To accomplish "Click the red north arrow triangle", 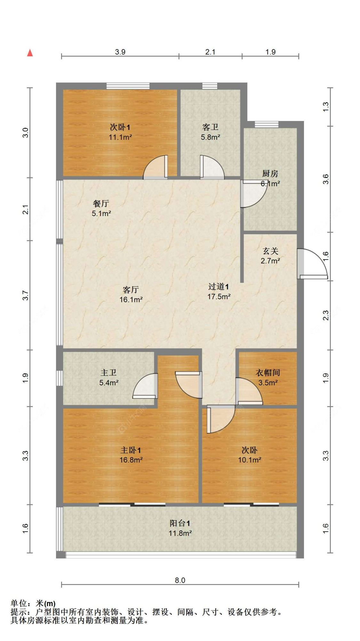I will [30, 53].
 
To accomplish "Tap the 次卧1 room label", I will [120, 127].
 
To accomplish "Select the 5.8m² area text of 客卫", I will [210, 137].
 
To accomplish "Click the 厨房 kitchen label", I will [270, 174].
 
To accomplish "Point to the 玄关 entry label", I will [270, 251].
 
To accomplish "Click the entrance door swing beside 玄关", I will [312, 263].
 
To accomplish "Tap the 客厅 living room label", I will [131, 290].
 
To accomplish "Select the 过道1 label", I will [219, 287].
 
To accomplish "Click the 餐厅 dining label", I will [101, 204].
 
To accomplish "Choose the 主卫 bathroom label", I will [108, 373].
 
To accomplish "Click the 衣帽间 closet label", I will [268, 373].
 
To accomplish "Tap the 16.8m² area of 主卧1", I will [131, 460].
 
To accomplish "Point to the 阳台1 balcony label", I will [180, 524].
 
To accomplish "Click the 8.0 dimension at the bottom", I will [180, 580].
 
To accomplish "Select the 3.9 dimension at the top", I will [120, 52].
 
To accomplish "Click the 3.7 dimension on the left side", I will [26, 295].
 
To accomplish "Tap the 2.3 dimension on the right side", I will [325, 315].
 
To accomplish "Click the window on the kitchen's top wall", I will [267, 124].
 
